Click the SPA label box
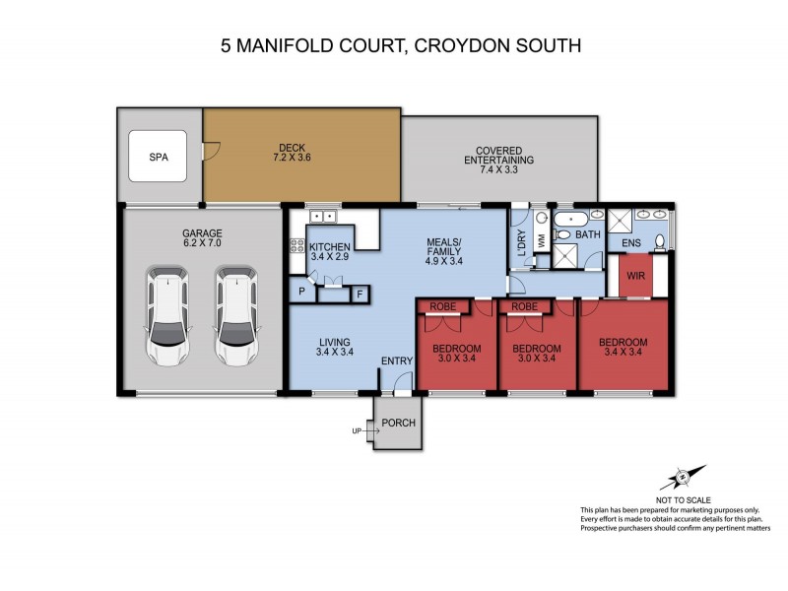click(x=158, y=157)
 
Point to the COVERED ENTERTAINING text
click(x=499, y=156)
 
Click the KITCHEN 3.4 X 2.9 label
click(x=329, y=250)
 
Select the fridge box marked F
click(x=360, y=293)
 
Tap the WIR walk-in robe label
click(x=634, y=275)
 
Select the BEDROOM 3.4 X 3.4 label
click(x=624, y=349)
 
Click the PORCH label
click(x=399, y=425)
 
